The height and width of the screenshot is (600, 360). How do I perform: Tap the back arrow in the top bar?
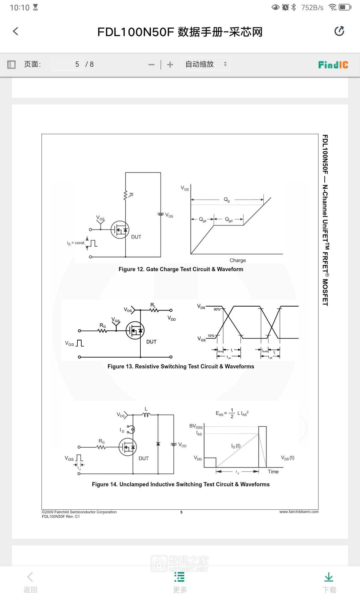[16, 31]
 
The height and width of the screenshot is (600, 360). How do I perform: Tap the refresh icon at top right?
[339, 31]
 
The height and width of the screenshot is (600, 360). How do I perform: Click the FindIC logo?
[333, 64]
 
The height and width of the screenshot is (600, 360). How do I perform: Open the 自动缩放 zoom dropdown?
[205, 64]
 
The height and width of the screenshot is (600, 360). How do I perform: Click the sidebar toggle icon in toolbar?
[11, 64]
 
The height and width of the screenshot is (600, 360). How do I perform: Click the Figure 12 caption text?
[181, 269]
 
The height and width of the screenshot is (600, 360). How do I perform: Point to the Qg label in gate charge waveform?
[227, 199]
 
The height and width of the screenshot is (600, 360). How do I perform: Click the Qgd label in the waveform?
[229, 220]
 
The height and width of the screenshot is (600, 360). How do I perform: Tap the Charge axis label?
[238, 260]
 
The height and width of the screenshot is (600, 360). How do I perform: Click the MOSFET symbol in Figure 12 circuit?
[120, 230]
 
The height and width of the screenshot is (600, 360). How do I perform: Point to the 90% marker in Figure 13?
[217, 309]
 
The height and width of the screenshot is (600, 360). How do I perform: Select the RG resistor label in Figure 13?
[103, 325]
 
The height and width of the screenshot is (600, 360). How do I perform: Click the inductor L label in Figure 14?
[146, 409]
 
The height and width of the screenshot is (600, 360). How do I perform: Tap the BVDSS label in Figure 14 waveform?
[196, 426]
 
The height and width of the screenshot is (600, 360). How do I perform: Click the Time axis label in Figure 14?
[273, 472]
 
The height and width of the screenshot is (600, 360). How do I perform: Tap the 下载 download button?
[329, 582]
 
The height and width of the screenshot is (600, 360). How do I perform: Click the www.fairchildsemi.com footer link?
[299, 512]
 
